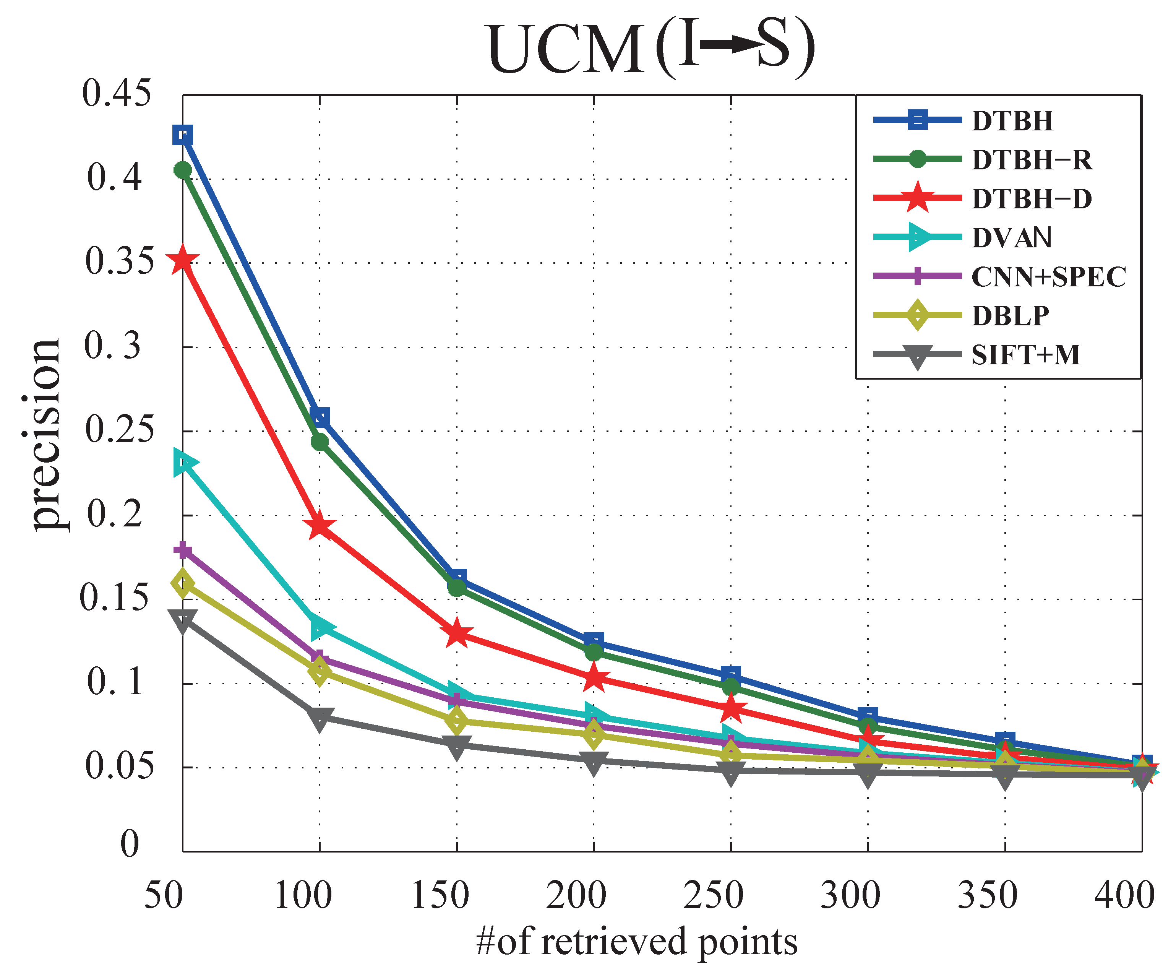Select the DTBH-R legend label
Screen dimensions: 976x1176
[1032, 160]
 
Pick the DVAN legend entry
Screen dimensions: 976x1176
[1011, 237]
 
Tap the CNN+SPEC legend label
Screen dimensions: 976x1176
[1048, 277]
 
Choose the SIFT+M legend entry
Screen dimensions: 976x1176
[1025, 355]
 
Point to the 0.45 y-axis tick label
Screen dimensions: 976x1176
[117, 93]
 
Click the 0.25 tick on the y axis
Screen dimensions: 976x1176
[119, 430]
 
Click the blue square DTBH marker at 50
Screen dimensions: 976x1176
[183, 135]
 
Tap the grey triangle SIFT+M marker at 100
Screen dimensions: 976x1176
[319, 718]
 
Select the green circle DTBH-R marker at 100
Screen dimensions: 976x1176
[319, 442]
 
